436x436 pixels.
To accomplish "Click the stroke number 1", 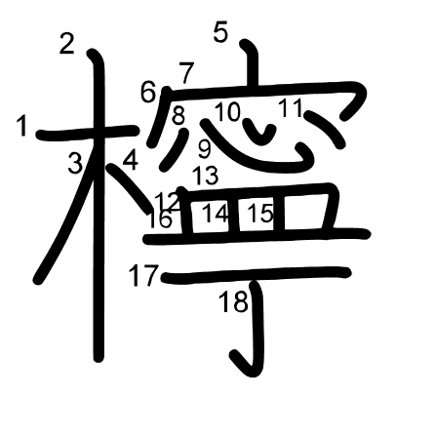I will pyautogui.click(x=22, y=126).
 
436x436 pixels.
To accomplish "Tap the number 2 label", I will pyautogui.click(x=66, y=43).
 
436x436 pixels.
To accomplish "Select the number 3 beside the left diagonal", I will pyautogui.click(x=75, y=164).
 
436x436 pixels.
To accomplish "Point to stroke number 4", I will pyautogui.click(x=130, y=159).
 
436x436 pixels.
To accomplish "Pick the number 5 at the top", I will pyautogui.click(x=220, y=33).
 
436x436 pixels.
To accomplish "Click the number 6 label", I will pyautogui.click(x=148, y=93).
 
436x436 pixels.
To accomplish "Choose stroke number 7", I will pyautogui.click(x=186, y=72).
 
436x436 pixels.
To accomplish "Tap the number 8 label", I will pyautogui.click(x=178, y=115).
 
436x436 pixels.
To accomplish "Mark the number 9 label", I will pyautogui.click(x=204, y=148).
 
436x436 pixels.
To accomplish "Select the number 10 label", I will pyautogui.click(x=227, y=112).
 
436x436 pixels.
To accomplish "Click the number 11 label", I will pyautogui.click(x=290, y=108).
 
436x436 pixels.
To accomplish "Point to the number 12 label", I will pyautogui.click(x=167, y=201).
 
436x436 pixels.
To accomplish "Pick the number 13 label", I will pyautogui.click(x=205, y=177).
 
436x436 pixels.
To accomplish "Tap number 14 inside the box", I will pyautogui.click(x=215, y=214).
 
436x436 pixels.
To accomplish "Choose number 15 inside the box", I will pyautogui.click(x=259, y=214).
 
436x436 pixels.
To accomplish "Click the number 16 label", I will pyautogui.click(x=160, y=220).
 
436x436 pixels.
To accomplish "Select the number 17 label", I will pyautogui.click(x=142, y=276).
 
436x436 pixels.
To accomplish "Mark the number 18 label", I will pyautogui.click(x=233, y=302).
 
